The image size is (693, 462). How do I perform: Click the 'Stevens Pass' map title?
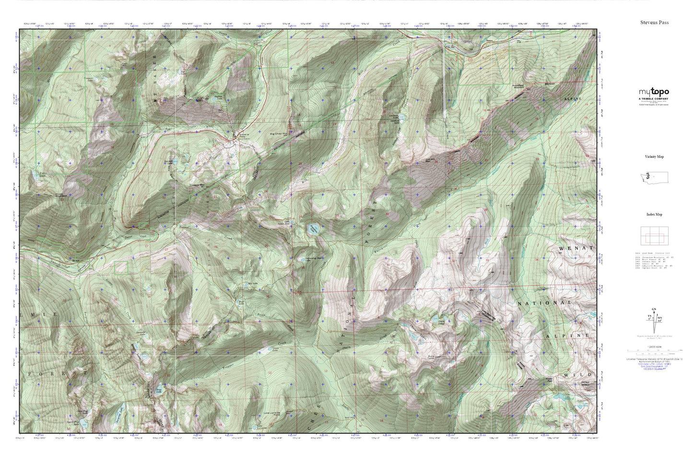point(654,23)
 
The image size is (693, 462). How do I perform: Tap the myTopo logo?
point(653,93)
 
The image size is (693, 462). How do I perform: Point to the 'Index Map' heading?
point(654,214)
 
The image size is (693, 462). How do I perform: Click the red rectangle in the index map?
point(654,237)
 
